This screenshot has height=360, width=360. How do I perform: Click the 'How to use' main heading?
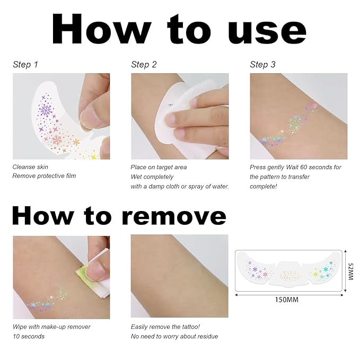coord(179,29)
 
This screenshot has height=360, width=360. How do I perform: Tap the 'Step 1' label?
coord(25,65)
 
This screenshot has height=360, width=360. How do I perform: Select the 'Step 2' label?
coord(144,65)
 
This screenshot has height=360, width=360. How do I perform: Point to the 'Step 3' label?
coord(262,65)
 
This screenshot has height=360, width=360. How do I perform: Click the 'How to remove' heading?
coord(119,215)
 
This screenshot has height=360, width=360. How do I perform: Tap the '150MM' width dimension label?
coord(287,300)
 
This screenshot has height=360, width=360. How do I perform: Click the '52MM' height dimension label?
coord(350,271)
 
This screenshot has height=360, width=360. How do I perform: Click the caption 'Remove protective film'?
coord(44,176)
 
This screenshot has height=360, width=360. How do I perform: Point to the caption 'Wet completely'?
coord(152,177)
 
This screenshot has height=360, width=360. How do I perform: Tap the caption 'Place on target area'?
coord(159,167)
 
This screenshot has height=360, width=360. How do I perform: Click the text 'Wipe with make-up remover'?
coord(51,327)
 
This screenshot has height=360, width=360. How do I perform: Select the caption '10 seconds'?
coord(29,336)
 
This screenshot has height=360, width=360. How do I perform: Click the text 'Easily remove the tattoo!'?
coord(165,327)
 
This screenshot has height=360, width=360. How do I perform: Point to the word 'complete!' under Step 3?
coord(263,187)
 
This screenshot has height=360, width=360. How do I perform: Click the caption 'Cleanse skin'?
coord(30,167)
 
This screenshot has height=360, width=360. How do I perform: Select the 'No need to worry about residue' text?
coord(174,336)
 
